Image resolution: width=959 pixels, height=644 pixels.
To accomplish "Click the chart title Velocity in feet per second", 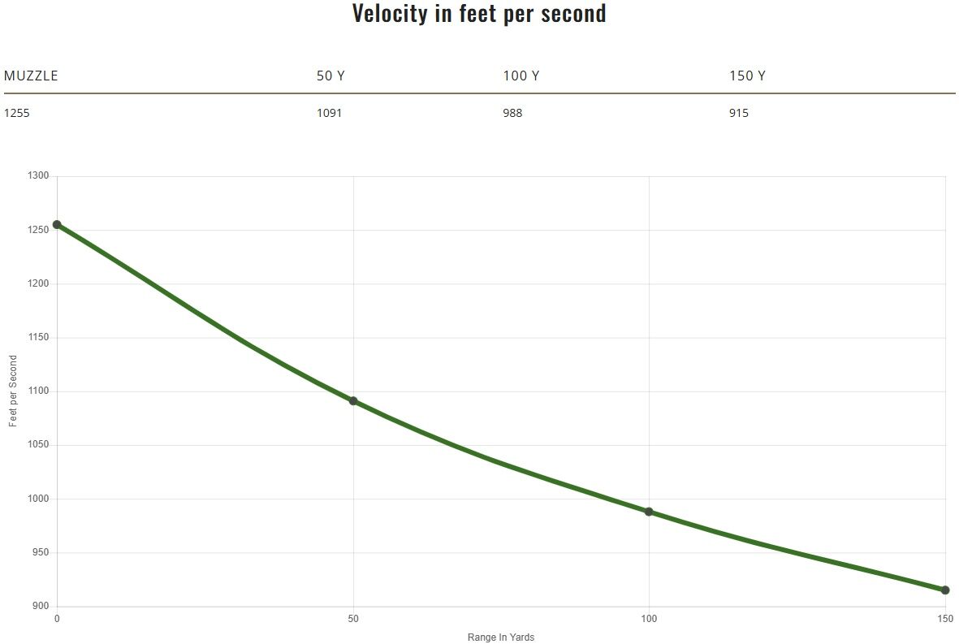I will click(x=479, y=14).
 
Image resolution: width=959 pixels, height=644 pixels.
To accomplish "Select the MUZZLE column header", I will click(x=31, y=76).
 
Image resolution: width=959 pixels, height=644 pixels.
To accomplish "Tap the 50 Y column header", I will click(x=330, y=76).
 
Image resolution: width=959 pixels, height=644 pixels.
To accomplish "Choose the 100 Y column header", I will click(x=521, y=76).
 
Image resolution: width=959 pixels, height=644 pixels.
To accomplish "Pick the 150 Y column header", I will click(x=747, y=76).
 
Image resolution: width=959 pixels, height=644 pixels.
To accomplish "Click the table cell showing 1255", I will click(x=16, y=113).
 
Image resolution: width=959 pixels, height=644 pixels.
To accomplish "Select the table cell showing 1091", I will click(x=329, y=113).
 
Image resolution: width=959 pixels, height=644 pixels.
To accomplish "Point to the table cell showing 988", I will click(x=512, y=113).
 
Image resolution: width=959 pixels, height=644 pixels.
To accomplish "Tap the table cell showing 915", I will click(x=739, y=113).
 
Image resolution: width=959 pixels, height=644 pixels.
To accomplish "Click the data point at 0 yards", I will click(x=57, y=225).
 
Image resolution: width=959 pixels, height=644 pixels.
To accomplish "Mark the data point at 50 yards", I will click(x=353, y=401).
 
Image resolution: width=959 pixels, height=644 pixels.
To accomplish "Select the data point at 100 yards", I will click(x=649, y=512).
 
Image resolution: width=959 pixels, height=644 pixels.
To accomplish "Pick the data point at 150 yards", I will click(x=945, y=590).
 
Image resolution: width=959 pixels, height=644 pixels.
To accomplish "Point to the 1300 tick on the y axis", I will click(x=39, y=176).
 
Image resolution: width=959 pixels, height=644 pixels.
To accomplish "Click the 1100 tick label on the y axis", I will click(x=39, y=391).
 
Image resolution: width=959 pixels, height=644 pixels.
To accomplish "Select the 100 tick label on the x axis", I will click(x=649, y=619).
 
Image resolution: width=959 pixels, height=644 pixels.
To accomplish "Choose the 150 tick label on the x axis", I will click(x=945, y=619).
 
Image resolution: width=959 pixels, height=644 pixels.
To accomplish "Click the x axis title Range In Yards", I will click(x=501, y=638).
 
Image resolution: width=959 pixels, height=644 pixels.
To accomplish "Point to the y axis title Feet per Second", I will click(x=13, y=391).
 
